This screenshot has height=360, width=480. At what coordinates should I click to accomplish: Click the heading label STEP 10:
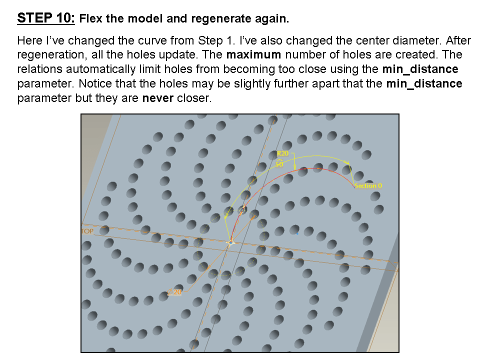point(46,18)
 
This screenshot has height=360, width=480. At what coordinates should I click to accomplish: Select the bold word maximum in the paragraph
point(253,54)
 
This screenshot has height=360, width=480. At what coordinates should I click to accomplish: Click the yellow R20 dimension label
point(282,153)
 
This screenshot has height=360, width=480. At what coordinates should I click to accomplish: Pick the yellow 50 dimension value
point(279,163)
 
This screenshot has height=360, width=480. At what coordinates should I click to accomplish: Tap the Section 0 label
point(368,185)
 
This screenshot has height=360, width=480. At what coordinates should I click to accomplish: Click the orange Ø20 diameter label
point(175,292)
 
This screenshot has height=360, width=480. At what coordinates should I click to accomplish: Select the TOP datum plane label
point(86,231)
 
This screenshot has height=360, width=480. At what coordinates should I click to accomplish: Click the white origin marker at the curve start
point(230,242)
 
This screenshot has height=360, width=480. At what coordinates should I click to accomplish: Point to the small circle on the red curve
point(243,209)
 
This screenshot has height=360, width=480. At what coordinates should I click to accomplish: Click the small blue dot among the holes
point(297,232)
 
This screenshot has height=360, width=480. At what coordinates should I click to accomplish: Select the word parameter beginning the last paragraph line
point(42,98)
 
